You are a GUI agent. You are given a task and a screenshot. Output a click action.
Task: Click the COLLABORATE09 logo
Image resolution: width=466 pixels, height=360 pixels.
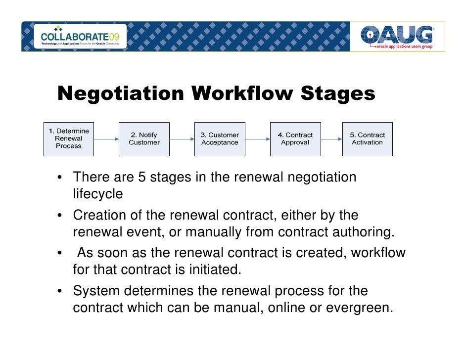(x=80, y=37)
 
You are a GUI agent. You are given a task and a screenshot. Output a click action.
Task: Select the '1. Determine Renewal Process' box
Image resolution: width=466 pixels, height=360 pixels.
(x=69, y=139)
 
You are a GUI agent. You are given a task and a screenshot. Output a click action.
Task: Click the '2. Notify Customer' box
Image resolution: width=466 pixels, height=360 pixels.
(x=144, y=139)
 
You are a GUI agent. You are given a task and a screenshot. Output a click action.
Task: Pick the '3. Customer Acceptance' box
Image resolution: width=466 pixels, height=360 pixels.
(x=220, y=139)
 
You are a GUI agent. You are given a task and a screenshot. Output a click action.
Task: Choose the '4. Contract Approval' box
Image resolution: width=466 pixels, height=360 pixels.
(x=295, y=139)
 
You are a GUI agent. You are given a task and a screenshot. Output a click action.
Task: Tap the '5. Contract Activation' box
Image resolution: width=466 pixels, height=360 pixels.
(x=367, y=139)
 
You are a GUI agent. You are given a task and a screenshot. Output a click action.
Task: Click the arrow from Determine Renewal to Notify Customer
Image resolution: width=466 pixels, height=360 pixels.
(x=106, y=139)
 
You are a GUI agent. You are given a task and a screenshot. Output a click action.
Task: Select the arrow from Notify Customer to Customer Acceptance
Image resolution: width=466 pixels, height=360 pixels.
(x=182, y=139)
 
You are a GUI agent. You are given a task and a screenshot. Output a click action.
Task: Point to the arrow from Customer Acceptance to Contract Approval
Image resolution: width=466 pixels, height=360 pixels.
(x=257, y=139)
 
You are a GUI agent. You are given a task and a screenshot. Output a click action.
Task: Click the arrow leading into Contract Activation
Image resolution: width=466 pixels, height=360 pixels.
(x=331, y=139)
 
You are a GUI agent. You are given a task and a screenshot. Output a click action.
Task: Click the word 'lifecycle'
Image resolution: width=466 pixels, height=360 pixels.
(x=97, y=194)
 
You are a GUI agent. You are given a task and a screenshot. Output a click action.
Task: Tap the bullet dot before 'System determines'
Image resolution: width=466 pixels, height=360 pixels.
(x=59, y=292)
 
